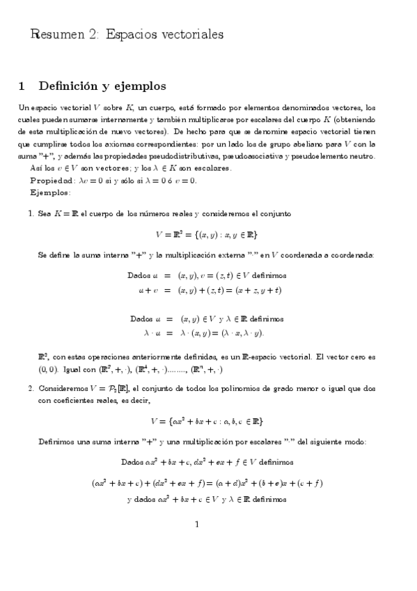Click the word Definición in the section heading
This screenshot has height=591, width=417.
tap(69, 87)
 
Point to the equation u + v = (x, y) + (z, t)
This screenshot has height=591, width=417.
tap(209, 289)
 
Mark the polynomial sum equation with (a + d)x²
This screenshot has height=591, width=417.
tap(207, 482)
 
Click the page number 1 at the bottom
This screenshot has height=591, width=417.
tap(198, 525)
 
